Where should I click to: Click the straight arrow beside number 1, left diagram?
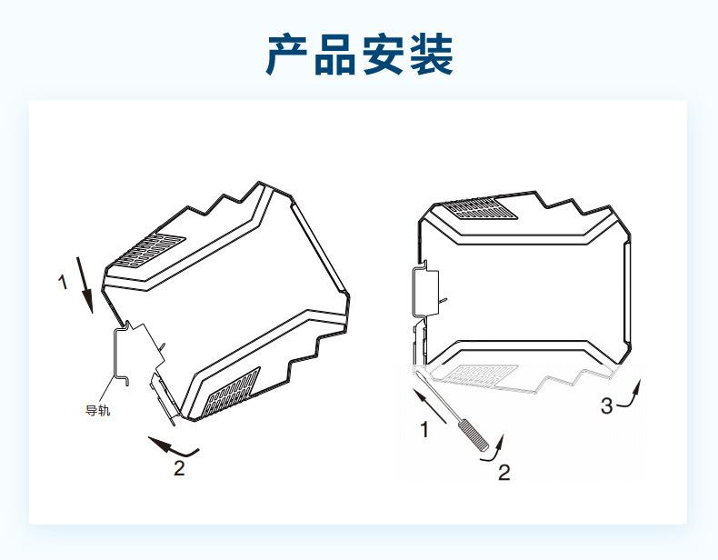tap(86, 285)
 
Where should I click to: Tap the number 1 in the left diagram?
tap(63, 283)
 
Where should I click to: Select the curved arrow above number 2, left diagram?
tap(172, 446)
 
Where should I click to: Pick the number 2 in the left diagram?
tap(179, 469)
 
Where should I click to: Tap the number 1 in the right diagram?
tap(424, 430)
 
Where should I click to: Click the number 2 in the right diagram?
tap(503, 472)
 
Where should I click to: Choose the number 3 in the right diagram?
tap(607, 406)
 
